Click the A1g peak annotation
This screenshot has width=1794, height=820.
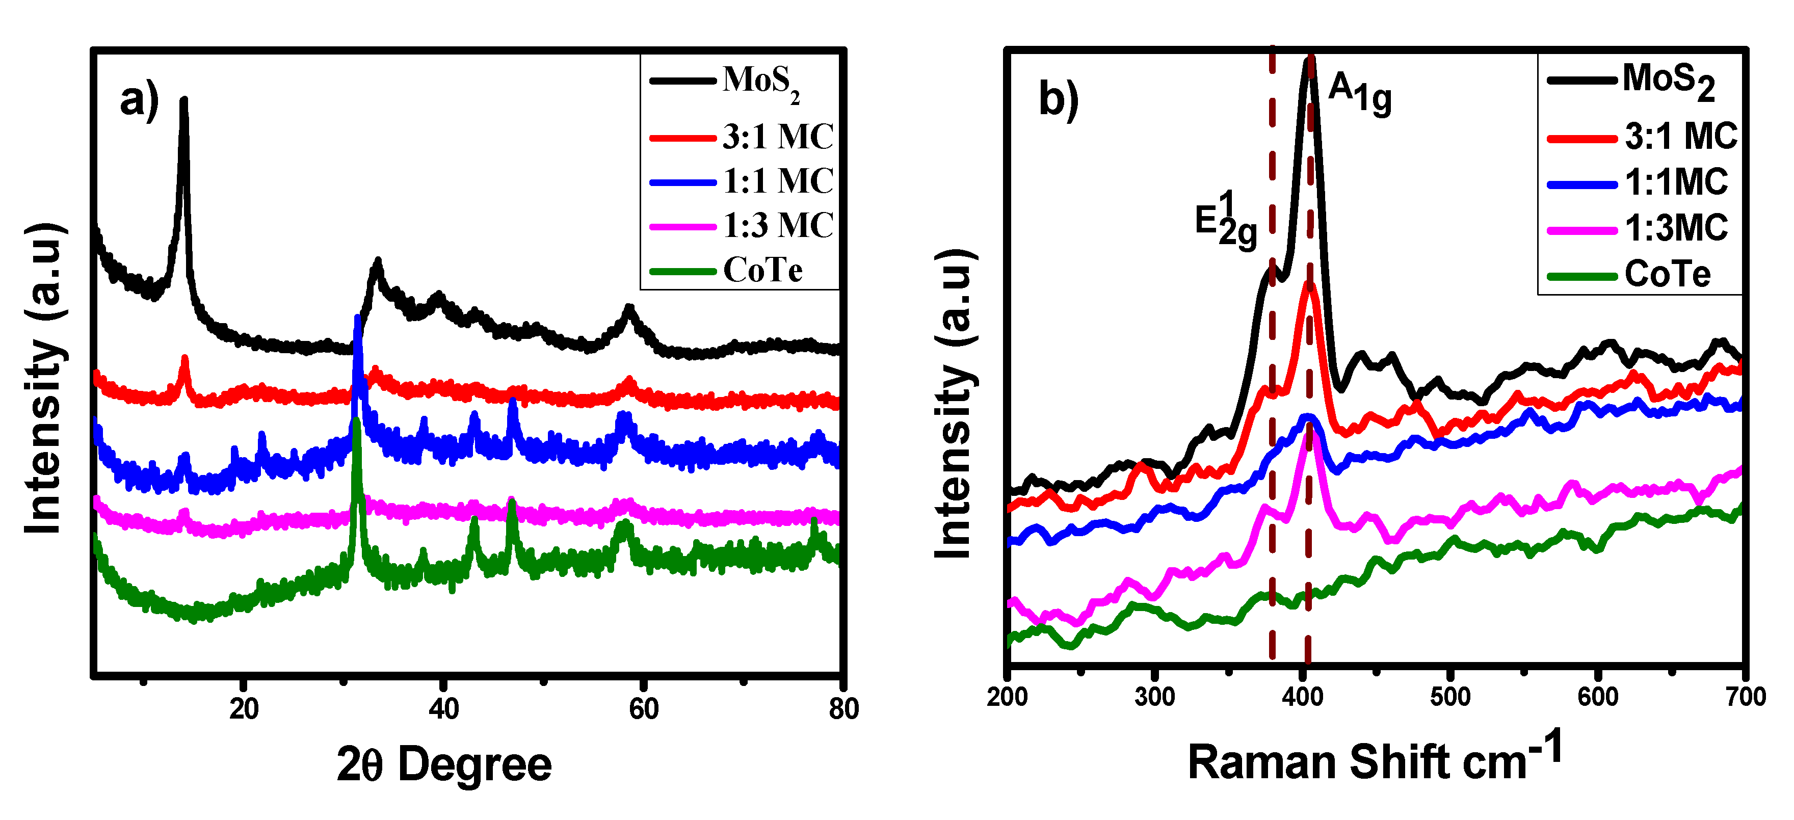(x=1359, y=95)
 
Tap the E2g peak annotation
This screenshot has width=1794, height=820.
(x=1226, y=220)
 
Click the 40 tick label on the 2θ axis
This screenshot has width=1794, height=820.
(x=443, y=708)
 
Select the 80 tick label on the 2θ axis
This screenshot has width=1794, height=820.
(x=843, y=708)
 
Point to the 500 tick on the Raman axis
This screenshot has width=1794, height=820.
(x=1450, y=696)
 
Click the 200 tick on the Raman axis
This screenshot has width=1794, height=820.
(x=1007, y=696)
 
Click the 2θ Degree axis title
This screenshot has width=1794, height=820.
(x=443, y=765)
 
